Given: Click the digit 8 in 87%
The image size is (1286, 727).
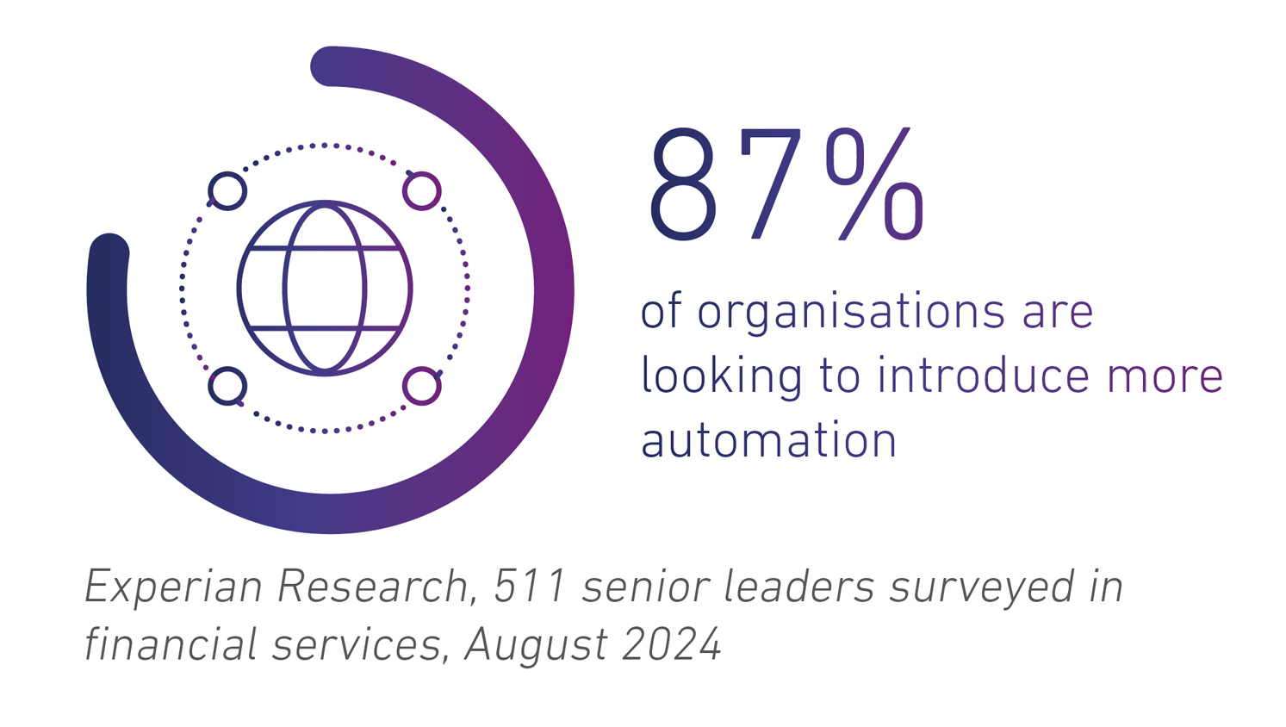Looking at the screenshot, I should (685, 185).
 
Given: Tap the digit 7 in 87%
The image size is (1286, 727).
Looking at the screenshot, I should (769, 185).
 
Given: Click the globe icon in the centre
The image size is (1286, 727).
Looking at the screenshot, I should (325, 289).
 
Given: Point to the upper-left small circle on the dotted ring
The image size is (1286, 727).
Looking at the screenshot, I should (227, 190).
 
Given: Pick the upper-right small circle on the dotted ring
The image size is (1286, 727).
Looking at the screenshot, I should (422, 190).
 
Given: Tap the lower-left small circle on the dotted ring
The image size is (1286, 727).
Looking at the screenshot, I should (227, 386).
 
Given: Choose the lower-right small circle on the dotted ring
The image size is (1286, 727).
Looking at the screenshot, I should (422, 386).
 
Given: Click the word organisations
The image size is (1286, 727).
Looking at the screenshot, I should (850, 312).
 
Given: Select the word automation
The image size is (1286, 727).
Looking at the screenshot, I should (768, 440).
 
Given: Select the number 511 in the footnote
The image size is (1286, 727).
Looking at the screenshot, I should (530, 587).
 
